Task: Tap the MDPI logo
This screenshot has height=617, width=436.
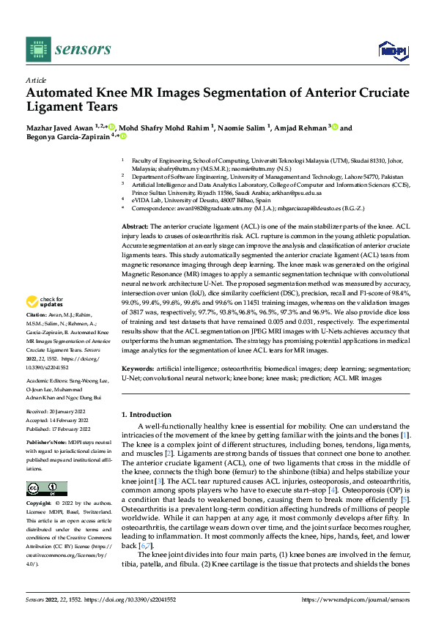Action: click(x=392, y=49)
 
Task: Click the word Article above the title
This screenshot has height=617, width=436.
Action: click(x=37, y=80)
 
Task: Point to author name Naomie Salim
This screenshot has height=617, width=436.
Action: click(x=245, y=128)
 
